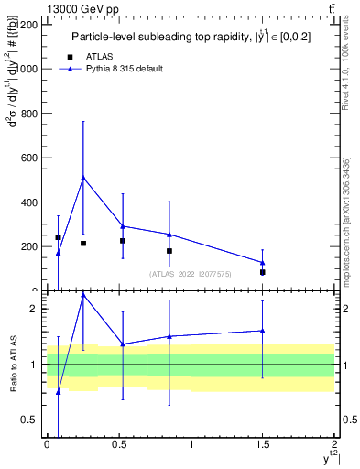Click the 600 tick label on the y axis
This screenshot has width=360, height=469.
click(x=29, y=158)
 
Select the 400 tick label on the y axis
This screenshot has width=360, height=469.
click(x=29, y=202)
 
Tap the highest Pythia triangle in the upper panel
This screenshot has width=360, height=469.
click(x=83, y=178)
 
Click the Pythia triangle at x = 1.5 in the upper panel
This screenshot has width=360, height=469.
click(x=263, y=263)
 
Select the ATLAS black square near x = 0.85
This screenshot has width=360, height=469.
click(x=169, y=251)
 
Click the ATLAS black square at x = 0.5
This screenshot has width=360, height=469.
click(x=123, y=241)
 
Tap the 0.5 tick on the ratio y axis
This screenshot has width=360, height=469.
click(x=31, y=420)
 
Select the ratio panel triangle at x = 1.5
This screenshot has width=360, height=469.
click(x=263, y=331)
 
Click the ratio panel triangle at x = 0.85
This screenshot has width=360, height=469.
click(x=169, y=336)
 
